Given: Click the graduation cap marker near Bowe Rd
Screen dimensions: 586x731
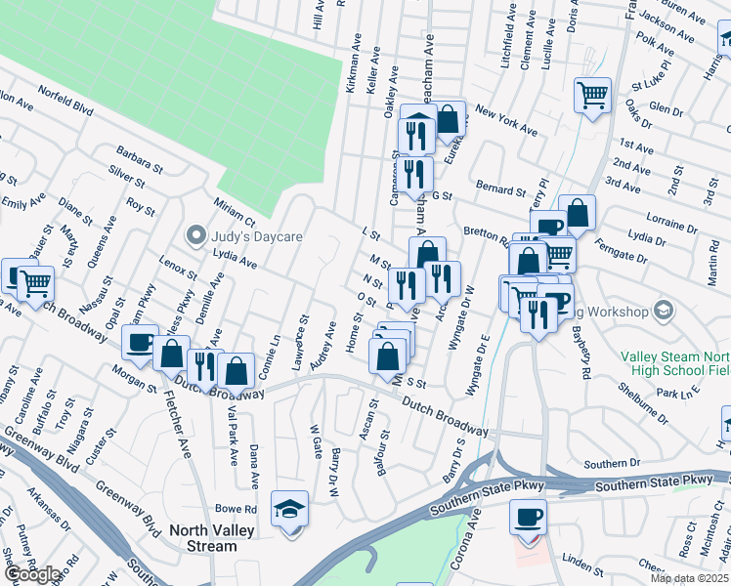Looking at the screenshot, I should pyautogui.click(x=289, y=510).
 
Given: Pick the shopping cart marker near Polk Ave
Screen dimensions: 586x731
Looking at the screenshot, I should pyautogui.click(x=591, y=97).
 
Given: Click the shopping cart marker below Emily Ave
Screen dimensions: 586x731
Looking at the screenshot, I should pyautogui.click(x=35, y=284).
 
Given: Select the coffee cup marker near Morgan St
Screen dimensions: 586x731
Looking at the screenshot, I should pyautogui.click(x=140, y=343).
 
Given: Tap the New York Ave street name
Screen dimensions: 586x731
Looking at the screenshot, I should pyautogui.click(x=506, y=122).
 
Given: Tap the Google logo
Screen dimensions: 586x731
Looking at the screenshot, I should pyautogui.click(x=32, y=574).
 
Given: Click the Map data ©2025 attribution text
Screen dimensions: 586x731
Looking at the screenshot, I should pyautogui.click(x=689, y=578).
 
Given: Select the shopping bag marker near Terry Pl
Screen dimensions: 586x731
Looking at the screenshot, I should pyautogui.click(x=577, y=214).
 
